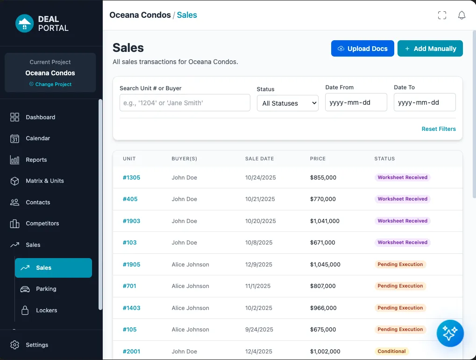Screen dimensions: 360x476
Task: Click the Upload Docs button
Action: point(362,49)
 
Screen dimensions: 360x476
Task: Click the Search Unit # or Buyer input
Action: point(185,103)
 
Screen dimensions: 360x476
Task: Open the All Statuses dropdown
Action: point(287,103)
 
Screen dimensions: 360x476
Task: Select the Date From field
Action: point(356,102)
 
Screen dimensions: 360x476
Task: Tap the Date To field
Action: point(424,102)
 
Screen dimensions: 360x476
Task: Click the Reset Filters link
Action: point(438,129)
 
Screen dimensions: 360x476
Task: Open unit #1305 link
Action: point(131,178)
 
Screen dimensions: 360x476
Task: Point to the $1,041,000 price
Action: point(325,221)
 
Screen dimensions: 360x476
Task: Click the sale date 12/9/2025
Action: point(258,265)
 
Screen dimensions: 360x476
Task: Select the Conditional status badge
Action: point(391,352)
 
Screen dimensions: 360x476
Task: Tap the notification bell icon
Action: point(462,15)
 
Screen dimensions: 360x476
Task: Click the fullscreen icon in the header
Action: point(442,15)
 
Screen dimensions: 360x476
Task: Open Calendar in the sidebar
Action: point(38,138)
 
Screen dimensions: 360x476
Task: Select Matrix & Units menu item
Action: point(45,181)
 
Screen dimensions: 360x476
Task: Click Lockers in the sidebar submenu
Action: point(47,310)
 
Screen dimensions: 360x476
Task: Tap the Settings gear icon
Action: point(15,345)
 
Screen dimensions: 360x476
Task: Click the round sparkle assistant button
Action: point(450,333)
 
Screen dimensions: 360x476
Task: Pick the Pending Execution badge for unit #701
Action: point(400,286)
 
